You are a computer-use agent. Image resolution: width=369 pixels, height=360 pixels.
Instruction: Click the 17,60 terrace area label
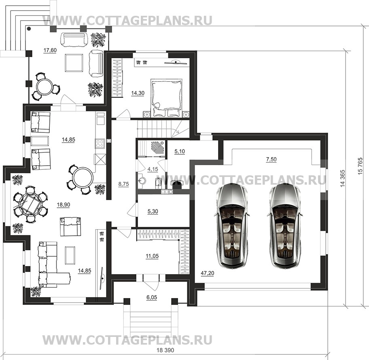coord(50,50)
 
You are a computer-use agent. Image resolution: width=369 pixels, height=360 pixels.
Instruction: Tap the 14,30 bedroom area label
coord(138,93)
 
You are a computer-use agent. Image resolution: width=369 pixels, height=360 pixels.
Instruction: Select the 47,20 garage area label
coord(207,273)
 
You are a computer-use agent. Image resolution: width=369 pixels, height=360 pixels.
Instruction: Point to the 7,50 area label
coord(271,160)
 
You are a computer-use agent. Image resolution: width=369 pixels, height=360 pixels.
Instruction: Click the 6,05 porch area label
coord(152,298)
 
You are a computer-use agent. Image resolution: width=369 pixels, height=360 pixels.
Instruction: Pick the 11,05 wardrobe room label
coord(152,256)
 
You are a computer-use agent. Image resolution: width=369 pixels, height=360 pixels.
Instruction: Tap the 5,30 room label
coord(153,211)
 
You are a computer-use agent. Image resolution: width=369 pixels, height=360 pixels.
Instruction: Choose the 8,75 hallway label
coord(123,184)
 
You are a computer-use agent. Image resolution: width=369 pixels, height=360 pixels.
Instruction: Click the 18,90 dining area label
coord(63,205)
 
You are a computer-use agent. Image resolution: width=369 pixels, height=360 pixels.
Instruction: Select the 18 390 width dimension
coord(165,350)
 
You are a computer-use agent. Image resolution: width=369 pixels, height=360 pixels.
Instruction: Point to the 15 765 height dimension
coord(360,166)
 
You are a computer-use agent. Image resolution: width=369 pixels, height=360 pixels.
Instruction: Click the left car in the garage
coord(231,227)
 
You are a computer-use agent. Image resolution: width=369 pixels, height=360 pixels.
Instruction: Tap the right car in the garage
coord(285,227)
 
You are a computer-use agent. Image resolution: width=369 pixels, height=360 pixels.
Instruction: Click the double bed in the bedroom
coord(167,98)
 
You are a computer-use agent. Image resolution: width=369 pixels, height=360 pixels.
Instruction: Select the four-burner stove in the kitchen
coord(100,143)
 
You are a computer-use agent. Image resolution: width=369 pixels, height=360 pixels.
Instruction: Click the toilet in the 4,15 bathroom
coord(158,183)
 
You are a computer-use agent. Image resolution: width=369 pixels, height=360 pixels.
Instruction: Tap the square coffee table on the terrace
coord(74,63)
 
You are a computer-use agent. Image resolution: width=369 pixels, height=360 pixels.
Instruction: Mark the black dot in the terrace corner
coord(29,29)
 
